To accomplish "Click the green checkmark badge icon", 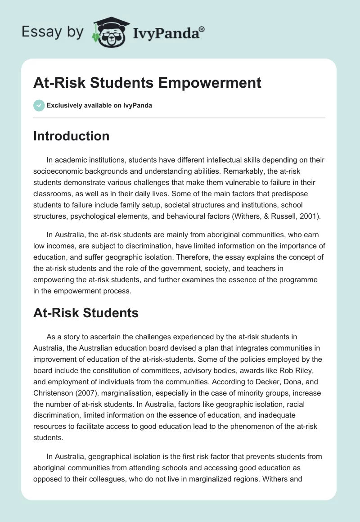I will (x=39, y=105).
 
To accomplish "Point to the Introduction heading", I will (x=71, y=136).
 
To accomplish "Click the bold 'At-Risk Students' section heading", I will (x=85, y=313).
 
